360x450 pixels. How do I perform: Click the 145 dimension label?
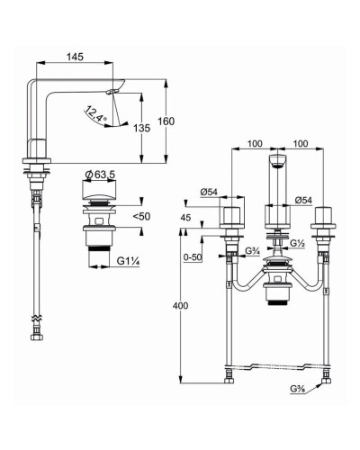(75, 57)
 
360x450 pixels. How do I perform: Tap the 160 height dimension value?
(166, 121)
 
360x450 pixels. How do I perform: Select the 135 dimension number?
(141, 128)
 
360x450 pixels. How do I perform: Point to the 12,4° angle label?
(96, 114)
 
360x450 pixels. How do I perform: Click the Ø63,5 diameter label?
(100, 175)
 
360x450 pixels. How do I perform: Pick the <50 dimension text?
(141, 216)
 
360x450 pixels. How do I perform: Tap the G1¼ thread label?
(128, 261)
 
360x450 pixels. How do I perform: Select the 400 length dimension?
(181, 306)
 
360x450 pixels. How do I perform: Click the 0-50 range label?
(193, 257)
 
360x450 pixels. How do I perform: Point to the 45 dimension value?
(186, 217)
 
